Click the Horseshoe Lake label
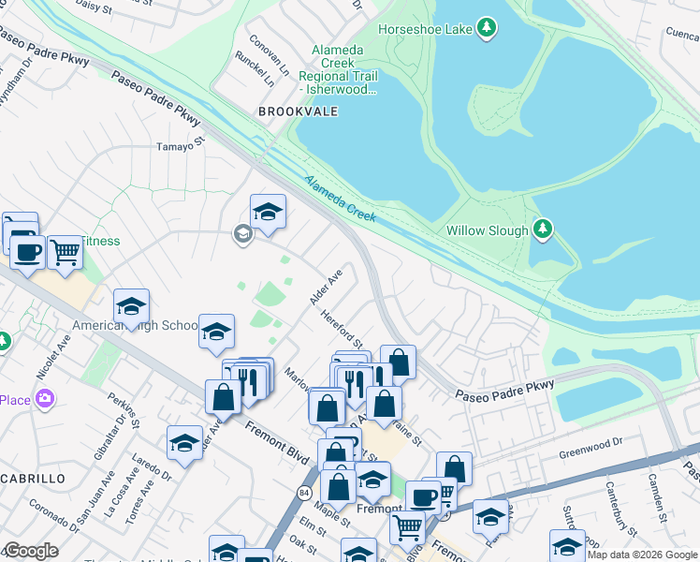tap(424, 29)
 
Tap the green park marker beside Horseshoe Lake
tap(486, 29)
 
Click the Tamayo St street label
tap(180, 146)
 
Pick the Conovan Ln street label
tap(270, 56)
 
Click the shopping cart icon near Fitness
tap(65, 251)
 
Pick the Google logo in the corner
tap(30, 551)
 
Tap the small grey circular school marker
tap(242, 234)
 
